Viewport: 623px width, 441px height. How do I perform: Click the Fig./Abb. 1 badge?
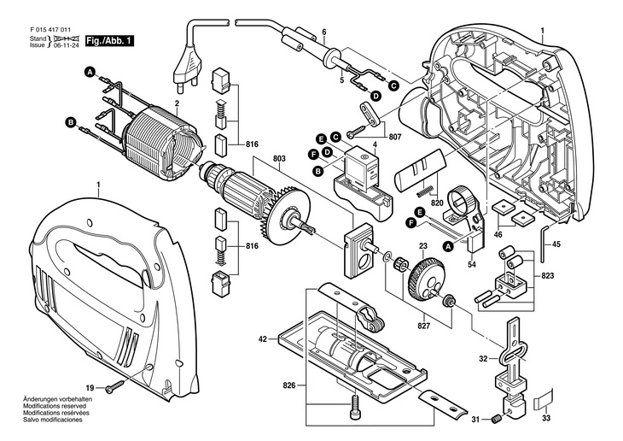tap(112, 39)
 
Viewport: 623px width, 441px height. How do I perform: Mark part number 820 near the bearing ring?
tap(437, 205)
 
